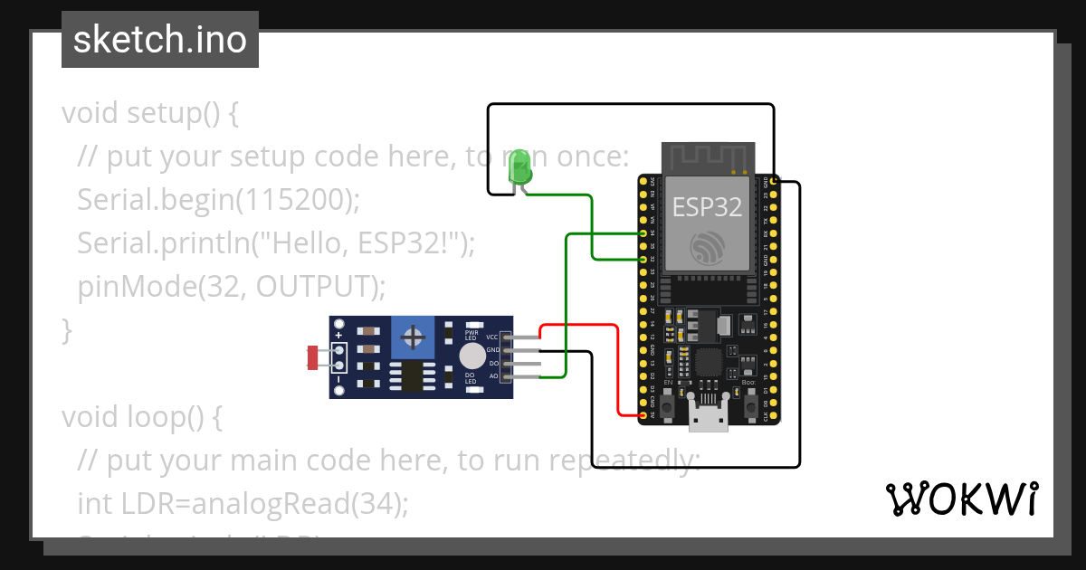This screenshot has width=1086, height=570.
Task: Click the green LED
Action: coord(519,167)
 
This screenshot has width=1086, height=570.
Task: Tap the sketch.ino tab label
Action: coord(159,40)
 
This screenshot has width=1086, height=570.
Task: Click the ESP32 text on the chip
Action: coord(707,207)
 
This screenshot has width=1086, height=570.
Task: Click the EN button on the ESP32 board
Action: coord(668,406)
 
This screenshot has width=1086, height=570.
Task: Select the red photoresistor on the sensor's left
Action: coord(313,357)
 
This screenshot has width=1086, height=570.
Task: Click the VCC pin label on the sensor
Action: coord(492,337)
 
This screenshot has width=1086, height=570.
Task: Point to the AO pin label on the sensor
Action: coord(492,375)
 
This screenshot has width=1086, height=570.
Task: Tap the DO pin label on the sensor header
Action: coord(492,362)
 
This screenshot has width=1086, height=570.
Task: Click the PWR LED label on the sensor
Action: coord(471,328)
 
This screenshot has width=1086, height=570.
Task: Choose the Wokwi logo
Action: coord(961,499)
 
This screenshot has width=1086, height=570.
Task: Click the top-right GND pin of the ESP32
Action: coord(776,181)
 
